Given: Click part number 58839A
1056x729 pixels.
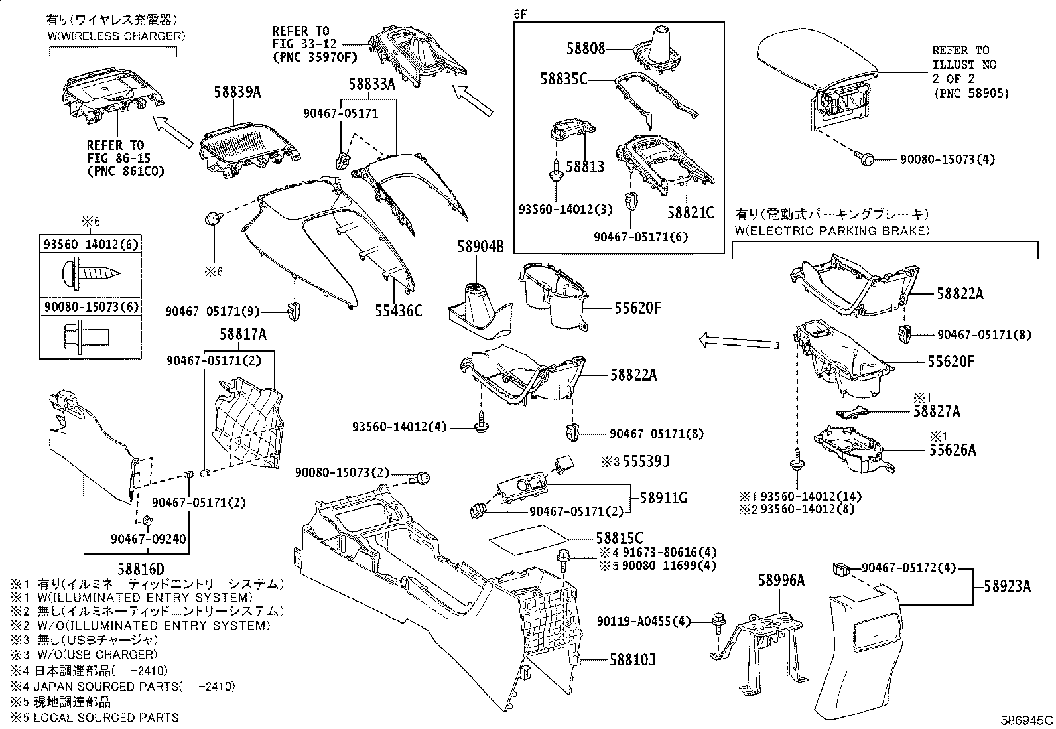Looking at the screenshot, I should [237, 93].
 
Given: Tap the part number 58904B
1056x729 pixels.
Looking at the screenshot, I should [480, 247].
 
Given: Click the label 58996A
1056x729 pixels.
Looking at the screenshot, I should [781, 581].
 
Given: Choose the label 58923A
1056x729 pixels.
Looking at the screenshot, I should [1008, 586].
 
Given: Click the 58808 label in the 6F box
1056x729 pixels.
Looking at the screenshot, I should [586, 48].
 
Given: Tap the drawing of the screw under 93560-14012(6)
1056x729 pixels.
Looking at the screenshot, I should [90, 271].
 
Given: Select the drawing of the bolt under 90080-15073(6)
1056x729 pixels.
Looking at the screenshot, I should [90, 333].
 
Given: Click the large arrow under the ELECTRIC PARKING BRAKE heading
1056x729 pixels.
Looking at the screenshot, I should [738, 342].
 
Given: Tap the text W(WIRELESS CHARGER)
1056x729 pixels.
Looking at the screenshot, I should [116, 36].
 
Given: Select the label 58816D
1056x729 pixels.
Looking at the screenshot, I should [141, 569].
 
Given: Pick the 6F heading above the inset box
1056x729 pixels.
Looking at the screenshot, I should [519, 13].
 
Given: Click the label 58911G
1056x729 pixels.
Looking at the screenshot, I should [663, 497].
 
